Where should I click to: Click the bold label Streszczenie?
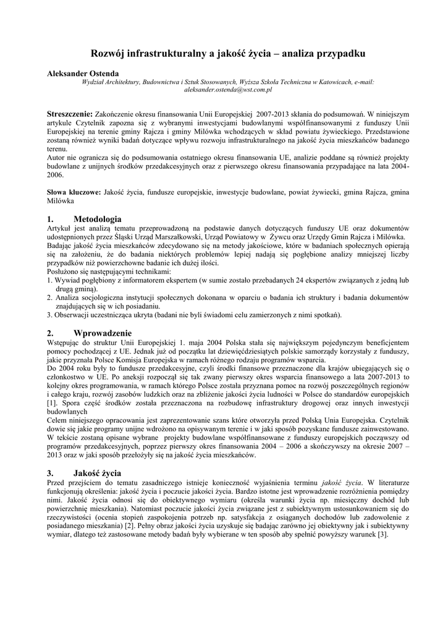point(70,114)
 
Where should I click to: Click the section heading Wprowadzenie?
point(103,332)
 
